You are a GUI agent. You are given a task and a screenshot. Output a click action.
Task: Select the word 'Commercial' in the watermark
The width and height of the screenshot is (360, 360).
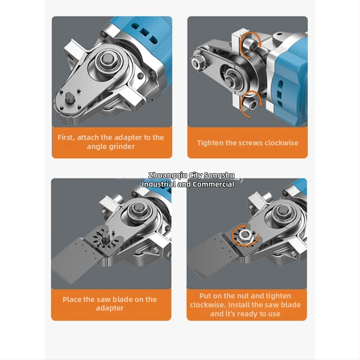213,184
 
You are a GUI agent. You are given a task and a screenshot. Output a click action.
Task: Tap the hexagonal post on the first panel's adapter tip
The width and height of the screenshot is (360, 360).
70,98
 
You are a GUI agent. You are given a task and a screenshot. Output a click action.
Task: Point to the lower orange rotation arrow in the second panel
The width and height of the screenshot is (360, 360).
250,104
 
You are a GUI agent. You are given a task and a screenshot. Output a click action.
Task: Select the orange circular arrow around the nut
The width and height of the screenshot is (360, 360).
245,236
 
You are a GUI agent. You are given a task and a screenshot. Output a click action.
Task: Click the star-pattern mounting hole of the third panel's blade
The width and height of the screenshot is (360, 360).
104,238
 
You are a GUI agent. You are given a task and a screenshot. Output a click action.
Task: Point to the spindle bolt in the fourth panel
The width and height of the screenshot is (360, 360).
283,210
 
